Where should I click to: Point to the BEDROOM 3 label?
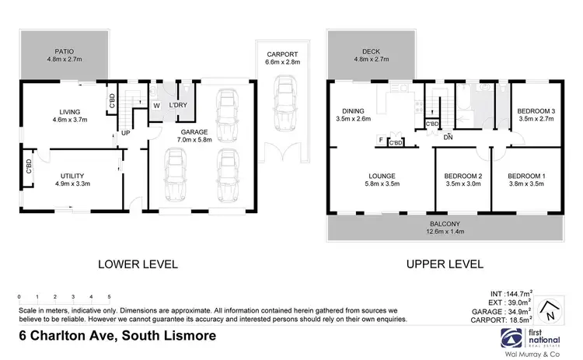[535, 111]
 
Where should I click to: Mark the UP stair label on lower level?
[124, 133]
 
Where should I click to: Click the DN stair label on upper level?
[449, 138]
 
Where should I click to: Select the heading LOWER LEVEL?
[138, 264]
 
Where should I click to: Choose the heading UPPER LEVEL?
[441, 264]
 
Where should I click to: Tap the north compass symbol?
[550, 309]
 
